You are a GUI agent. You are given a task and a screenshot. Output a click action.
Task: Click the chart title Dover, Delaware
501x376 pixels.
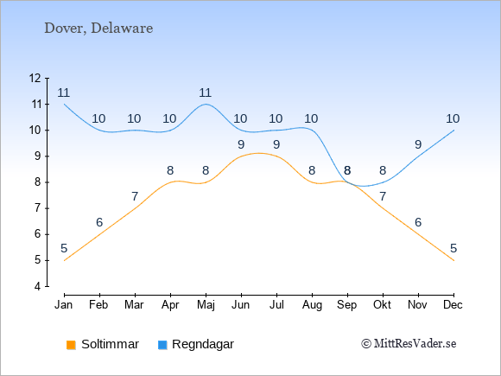pos(98,29)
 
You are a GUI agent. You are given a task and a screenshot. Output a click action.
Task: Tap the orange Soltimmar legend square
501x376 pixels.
pos(71,345)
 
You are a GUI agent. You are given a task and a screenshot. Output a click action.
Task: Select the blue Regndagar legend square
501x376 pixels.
pos(162,345)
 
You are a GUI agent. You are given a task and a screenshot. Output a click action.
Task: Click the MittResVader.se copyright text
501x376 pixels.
pos(409,344)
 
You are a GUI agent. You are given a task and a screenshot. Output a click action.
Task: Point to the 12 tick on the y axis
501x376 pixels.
pos(35,78)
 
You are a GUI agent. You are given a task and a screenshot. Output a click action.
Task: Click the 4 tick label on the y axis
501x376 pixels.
pos(38,286)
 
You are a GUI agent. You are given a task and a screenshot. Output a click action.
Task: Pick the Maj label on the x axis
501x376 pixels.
pos(206,305)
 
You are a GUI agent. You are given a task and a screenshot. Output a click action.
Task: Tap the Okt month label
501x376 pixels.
pos(382,305)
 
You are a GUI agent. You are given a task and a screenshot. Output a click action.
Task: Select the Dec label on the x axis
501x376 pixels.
pos(453,305)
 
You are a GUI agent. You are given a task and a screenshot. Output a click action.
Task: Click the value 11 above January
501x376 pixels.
pos(64,92)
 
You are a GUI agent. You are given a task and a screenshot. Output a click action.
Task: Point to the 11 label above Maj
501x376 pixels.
pos(205,92)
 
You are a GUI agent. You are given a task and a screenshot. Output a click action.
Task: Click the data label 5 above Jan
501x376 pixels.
pos(64,248)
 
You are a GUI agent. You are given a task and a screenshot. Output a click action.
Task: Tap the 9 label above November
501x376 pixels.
pos(418,144)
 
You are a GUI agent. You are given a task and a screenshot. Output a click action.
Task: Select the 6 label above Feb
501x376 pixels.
pos(99,222)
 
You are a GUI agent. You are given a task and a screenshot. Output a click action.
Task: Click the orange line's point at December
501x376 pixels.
pos(453,260)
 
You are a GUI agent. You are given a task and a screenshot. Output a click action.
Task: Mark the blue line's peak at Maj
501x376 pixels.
pos(206,104)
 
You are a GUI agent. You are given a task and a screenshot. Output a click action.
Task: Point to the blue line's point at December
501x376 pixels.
pos(453,131)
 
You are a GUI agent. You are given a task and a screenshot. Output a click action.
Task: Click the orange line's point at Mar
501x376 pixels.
pos(135,208)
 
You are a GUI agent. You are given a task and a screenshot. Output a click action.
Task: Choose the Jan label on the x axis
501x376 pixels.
pos(64,305)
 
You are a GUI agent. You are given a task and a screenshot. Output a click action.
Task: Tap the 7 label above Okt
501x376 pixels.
pos(383,196)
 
